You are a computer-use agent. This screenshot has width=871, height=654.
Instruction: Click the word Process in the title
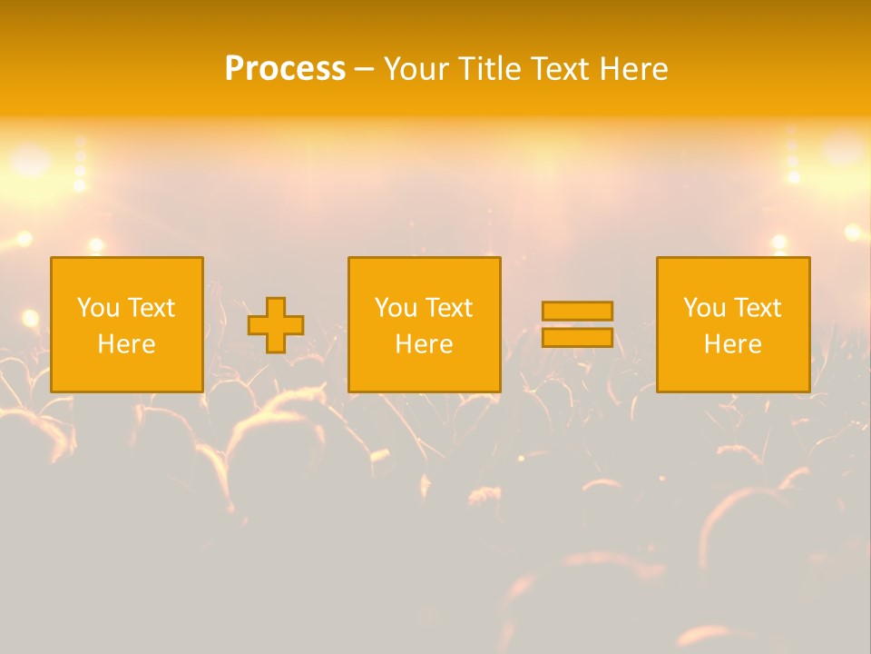coord(285,69)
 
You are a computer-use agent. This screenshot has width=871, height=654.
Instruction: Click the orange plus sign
coord(276,325)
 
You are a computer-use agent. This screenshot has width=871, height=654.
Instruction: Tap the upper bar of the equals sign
coord(577,311)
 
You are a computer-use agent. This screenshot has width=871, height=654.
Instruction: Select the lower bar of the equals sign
coord(577,338)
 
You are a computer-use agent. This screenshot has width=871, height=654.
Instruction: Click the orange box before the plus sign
coord(127,368)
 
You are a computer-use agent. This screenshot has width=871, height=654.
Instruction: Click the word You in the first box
coord(97,308)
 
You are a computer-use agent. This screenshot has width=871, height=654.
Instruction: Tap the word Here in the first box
coord(127,344)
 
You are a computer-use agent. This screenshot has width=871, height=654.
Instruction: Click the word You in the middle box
coord(395,308)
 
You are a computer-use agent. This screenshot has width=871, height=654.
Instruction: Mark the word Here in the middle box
coord(425,344)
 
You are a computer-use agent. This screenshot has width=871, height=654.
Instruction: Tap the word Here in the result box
coord(733,344)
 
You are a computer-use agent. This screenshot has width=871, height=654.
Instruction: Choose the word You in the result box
coord(703,308)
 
